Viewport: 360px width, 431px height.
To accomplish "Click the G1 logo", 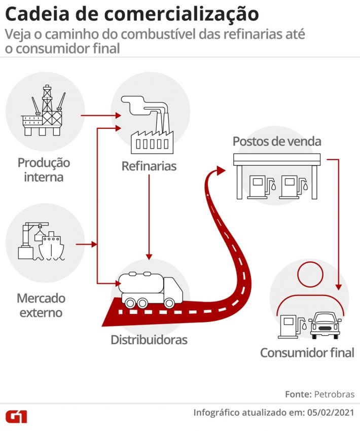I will pyautogui.click(x=16, y=416).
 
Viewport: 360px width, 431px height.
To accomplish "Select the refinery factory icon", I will pyautogui.click(x=150, y=127).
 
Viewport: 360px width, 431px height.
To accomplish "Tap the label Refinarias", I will pyautogui.click(x=149, y=166).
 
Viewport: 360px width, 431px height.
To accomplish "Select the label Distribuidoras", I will pyautogui.click(x=149, y=340).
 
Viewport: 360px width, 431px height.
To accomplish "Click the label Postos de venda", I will pyautogui.click(x=277, y=141).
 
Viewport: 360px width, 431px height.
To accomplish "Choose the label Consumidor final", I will pyautogui.click(x=307, y=353).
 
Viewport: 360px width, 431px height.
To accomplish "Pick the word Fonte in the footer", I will pyautogui.click(x=298, y=394).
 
